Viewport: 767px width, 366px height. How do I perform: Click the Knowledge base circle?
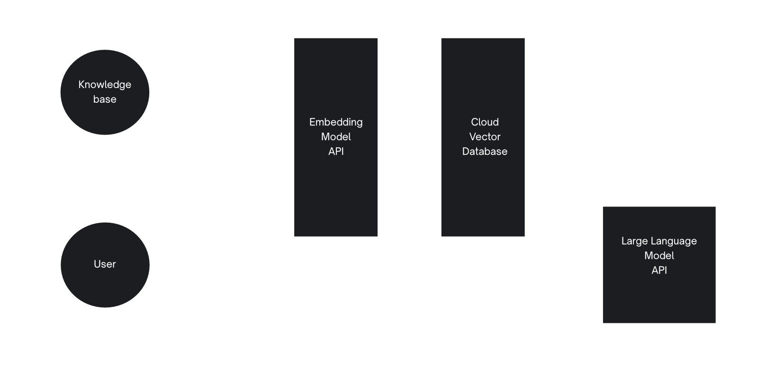[x=105, y=92]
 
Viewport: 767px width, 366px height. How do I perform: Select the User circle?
[x=105, y=264]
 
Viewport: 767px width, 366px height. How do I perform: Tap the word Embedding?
[x=336, y=122]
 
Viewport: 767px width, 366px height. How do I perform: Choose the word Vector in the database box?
[x=485, y=137]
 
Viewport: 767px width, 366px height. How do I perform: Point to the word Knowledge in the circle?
[x=105, y=85]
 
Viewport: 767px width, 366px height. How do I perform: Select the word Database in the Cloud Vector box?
[x=485, y=152]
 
